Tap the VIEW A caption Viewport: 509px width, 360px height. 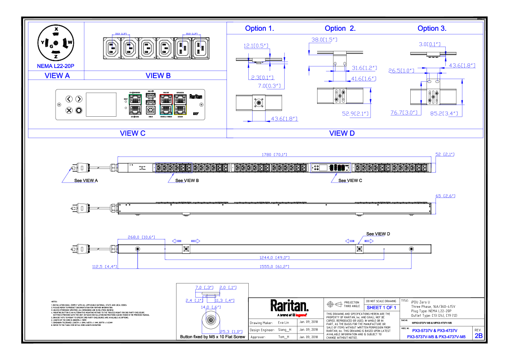tap(57, 76)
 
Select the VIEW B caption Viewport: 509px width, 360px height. tap(158, 76)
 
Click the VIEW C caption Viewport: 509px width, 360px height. tap(132, 133)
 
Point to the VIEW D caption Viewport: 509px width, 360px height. tap(342, 133)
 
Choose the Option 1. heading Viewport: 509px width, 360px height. tap(259, 29)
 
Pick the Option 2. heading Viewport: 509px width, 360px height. tap(340, 29)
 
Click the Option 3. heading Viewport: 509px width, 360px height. tap(432, 29)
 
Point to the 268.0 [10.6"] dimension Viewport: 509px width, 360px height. tap(141, 237)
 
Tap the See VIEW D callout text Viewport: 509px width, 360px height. tap(378, 234)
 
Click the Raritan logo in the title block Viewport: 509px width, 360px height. tap(289, 306)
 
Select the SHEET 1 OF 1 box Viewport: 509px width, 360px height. tap(381, 307)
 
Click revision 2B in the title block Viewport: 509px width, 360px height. tap(479, 336)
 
